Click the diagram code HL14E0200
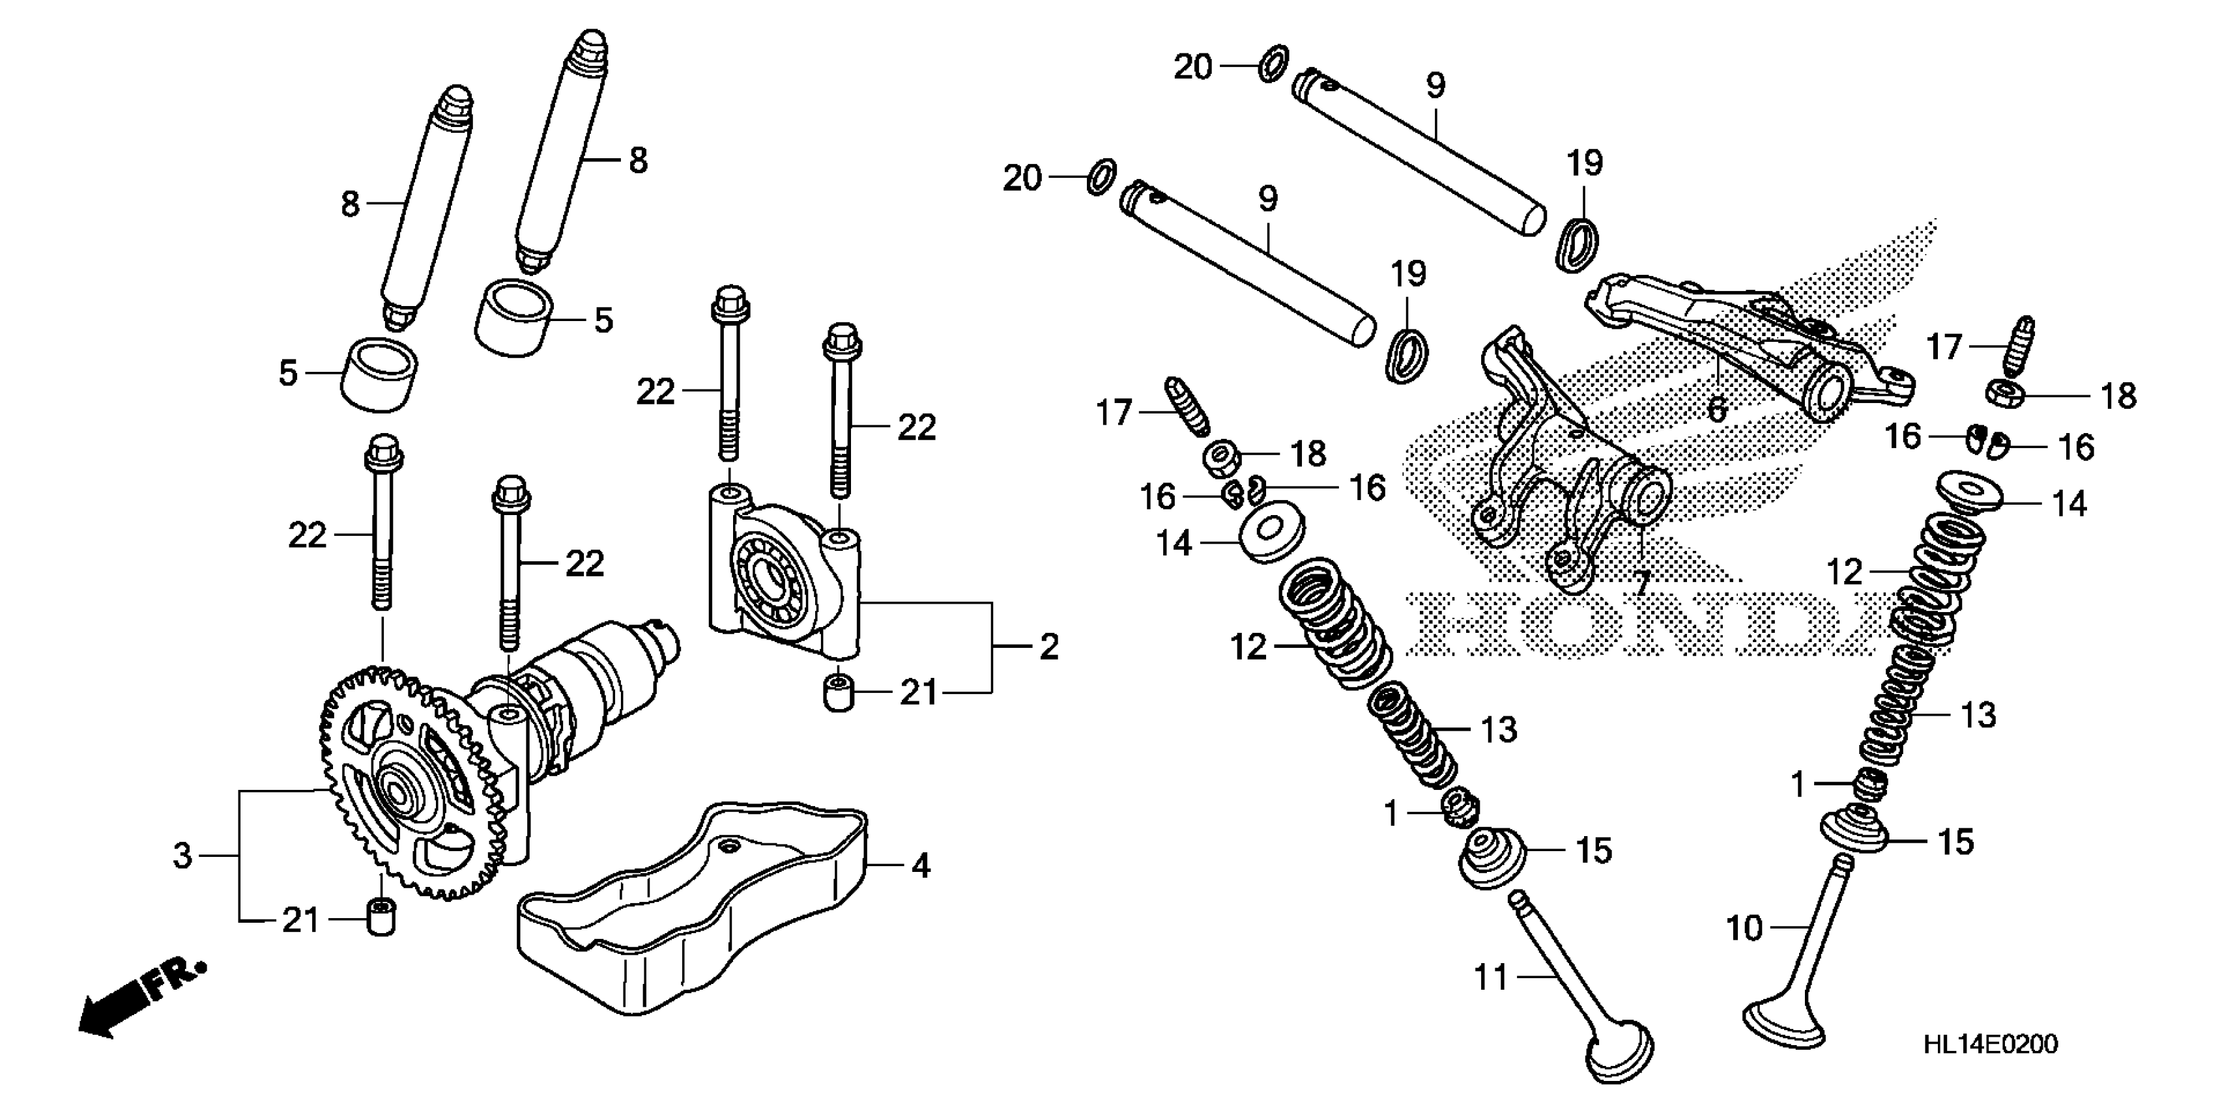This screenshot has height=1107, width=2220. tap(1990, 1045)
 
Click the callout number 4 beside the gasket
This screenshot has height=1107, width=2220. tap(921, 865)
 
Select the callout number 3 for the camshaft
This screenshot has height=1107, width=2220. tap(182, 856)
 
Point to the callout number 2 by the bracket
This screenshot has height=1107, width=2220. tap(1048, 646)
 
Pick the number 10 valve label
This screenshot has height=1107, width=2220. tap(1745, 928)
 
